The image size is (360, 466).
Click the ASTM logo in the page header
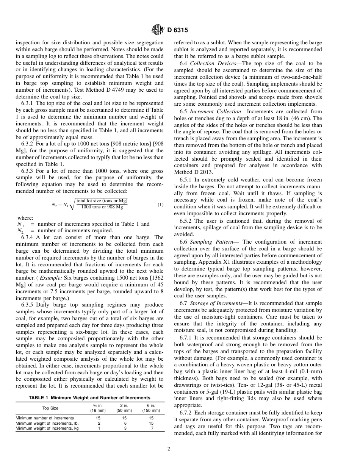[157, 30]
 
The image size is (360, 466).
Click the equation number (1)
[160, 205]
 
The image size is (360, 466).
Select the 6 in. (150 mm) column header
[151, 408]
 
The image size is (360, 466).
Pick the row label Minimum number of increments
[45, 418]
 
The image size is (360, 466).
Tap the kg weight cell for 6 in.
[151, 428]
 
